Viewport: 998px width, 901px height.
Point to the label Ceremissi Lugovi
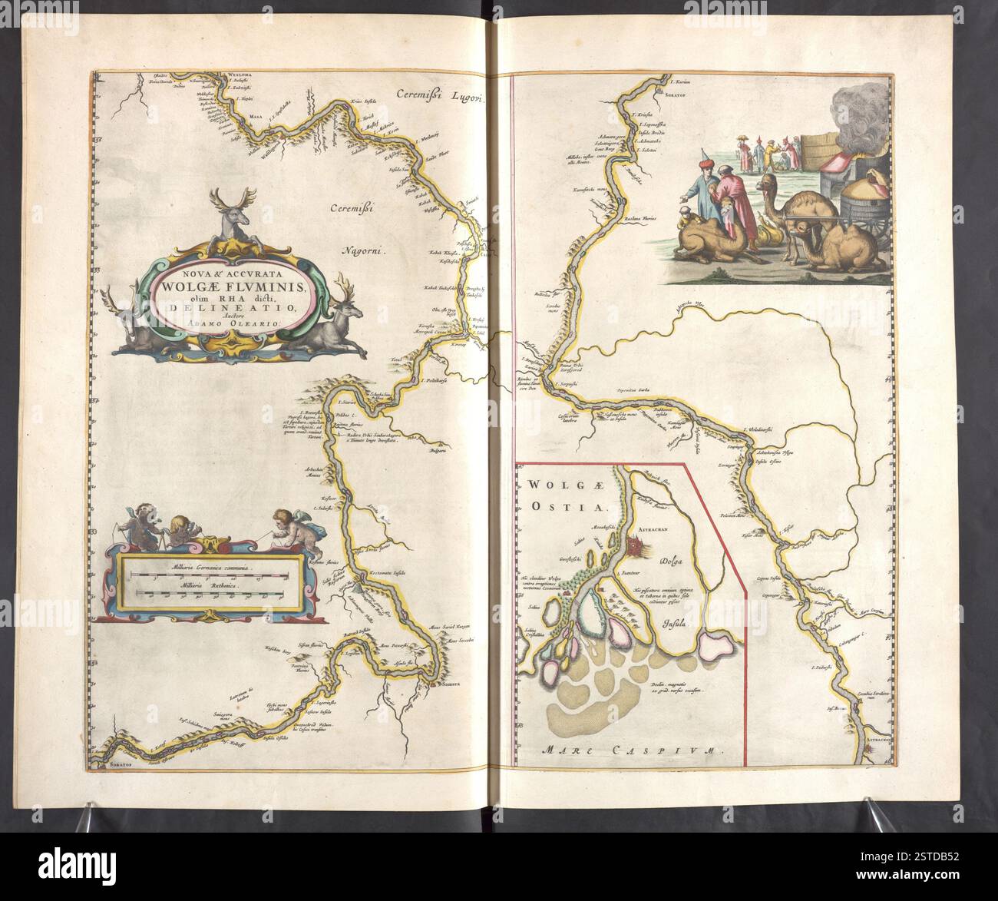point(441,95)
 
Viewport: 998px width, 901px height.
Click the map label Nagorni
point(363,249)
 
